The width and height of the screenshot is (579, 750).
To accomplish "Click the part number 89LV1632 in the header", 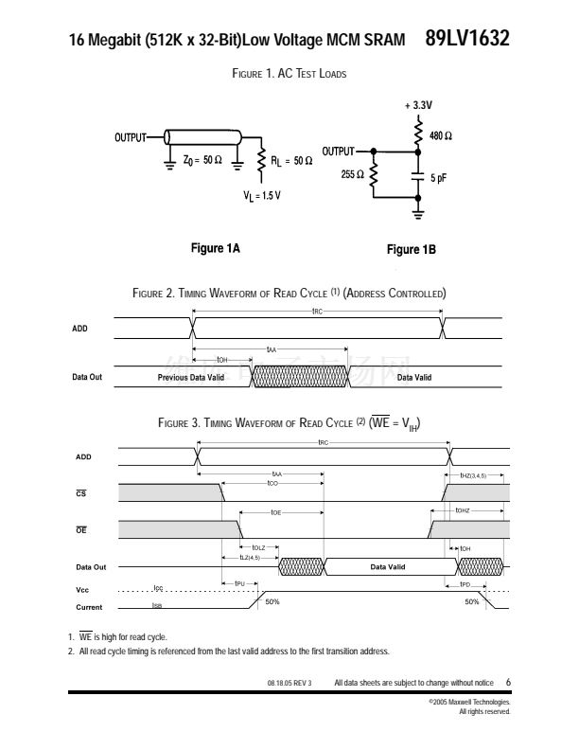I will [466, 39].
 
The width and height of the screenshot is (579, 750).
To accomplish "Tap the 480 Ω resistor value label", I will [440, 136].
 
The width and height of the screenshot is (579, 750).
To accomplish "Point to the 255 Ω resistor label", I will [353, 174].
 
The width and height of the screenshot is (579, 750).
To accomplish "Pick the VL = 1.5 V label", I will [262, 195].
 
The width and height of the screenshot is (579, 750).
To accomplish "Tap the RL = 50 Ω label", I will [291, 161].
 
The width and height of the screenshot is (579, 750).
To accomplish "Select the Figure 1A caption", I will [216, 248].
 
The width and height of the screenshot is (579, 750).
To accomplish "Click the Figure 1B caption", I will [412, 249].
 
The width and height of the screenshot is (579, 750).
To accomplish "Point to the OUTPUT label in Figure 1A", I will [131, 138].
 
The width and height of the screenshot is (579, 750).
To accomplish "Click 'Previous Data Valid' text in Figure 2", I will [190, 377].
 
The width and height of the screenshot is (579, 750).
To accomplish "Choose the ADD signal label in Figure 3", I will [83, 457].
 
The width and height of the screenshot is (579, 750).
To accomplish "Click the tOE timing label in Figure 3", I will [275, 512].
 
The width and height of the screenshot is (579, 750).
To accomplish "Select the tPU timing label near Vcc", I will [239, 583].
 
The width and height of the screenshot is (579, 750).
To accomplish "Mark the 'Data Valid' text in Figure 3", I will [388, 566].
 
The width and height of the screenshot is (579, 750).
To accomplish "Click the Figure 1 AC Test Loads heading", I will [289, 74].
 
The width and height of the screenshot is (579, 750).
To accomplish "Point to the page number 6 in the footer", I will [508, 682].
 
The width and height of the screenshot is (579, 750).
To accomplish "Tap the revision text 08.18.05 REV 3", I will [289, 683].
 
